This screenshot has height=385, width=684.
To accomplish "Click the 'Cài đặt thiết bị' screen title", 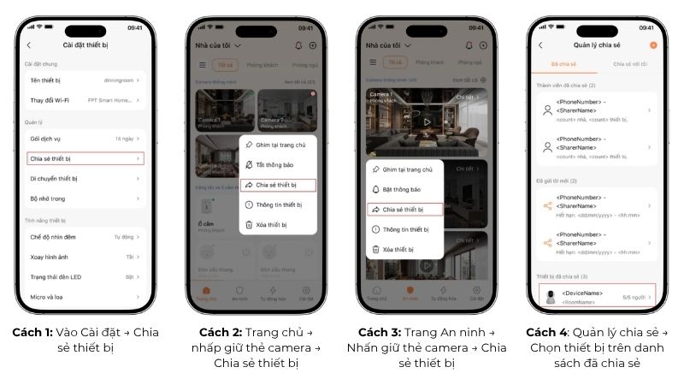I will pos(85,44).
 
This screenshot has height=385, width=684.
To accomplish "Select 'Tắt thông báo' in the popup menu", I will pos(276,165).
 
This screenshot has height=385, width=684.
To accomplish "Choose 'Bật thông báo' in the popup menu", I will pos(401,189).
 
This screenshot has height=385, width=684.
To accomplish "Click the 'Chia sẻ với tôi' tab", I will pos(631,64).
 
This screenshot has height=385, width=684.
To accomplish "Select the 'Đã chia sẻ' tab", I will pos(563,64).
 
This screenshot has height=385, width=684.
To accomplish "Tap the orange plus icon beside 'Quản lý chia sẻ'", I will pos(654,44).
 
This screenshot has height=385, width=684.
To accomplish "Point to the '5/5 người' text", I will pos(633,297).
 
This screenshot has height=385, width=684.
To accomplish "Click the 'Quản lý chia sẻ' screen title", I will pos(595,44).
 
